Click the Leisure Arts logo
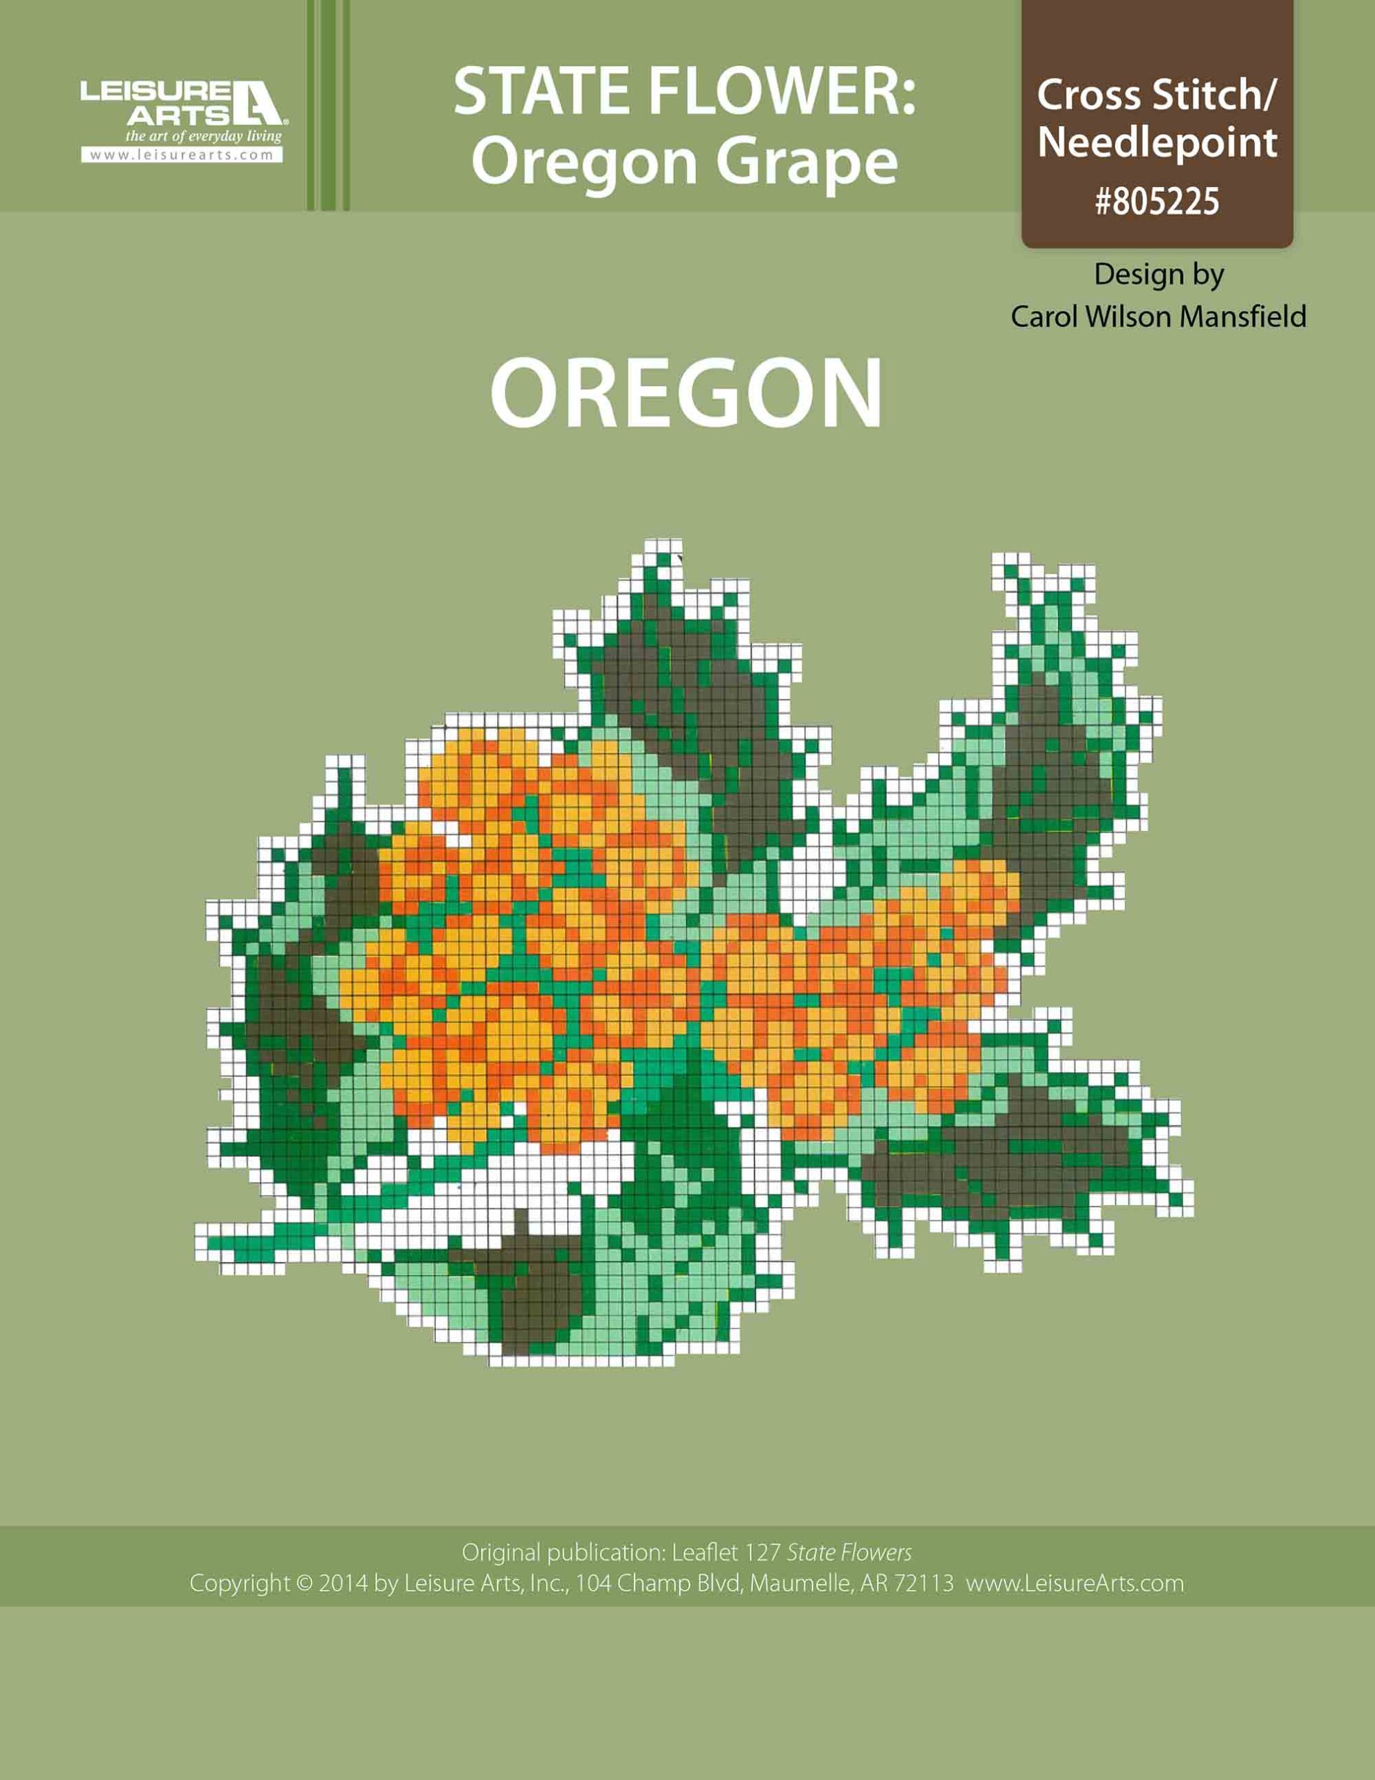[181, 103]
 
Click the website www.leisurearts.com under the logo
[181, 155]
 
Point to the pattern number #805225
[1157, 202]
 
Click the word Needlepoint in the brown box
[1157, 143]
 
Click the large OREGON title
[686, 394]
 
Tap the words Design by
[1158, 274]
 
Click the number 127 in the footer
[762, 1553]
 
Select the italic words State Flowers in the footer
[849, 1553]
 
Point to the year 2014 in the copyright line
[342, 1584]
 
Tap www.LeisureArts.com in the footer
[1074, 1584]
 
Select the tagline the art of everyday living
[203, 136]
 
